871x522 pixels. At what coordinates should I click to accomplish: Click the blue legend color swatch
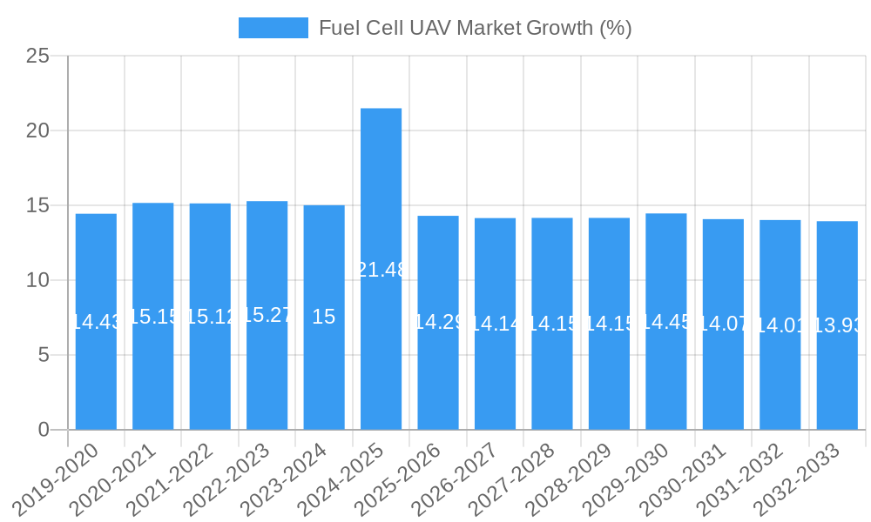tap(273, 28)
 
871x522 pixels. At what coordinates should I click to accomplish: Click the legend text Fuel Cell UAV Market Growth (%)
tap(475, 28)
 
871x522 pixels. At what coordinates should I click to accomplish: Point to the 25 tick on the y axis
tap(37, 56)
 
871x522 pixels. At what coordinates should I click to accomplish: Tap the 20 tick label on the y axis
tap(37, 130)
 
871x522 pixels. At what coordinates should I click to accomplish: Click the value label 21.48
tap(381, 270)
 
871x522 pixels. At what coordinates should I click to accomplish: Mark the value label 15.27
tap(267, 315)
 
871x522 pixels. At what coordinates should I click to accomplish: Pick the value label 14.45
tap(665, 322)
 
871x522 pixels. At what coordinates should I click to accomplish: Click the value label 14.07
tap(723, 325)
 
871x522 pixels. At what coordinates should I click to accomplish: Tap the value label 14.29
tap(438, 322)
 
